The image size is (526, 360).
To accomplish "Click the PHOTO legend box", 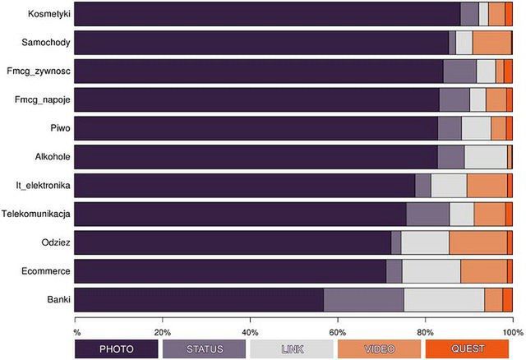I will tap(116, 349).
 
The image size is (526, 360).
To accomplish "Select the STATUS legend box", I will tap(204, 349).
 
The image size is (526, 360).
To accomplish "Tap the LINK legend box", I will tap(291, 349).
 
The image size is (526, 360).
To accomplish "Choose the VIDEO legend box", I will tap(379, 349).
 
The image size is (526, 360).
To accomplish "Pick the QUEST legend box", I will tap(466, 349).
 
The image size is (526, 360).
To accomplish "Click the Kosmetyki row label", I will tap(48, 14).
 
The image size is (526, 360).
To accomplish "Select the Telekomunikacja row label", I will tap(37, 215).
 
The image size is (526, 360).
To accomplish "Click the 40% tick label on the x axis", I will tap(251, 332).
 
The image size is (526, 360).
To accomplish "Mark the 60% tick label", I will tap(338, 332).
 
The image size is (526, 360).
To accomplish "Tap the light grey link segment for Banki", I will tap(444, 300).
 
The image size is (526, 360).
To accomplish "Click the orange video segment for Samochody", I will tap(491, 43).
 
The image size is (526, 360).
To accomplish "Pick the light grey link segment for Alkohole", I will tap(486, 157).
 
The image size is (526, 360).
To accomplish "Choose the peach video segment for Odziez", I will tap(478, 242).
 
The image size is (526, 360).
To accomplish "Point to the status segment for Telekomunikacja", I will tap(427, 214).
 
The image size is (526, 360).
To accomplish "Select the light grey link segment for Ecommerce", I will tap(431, 271).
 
